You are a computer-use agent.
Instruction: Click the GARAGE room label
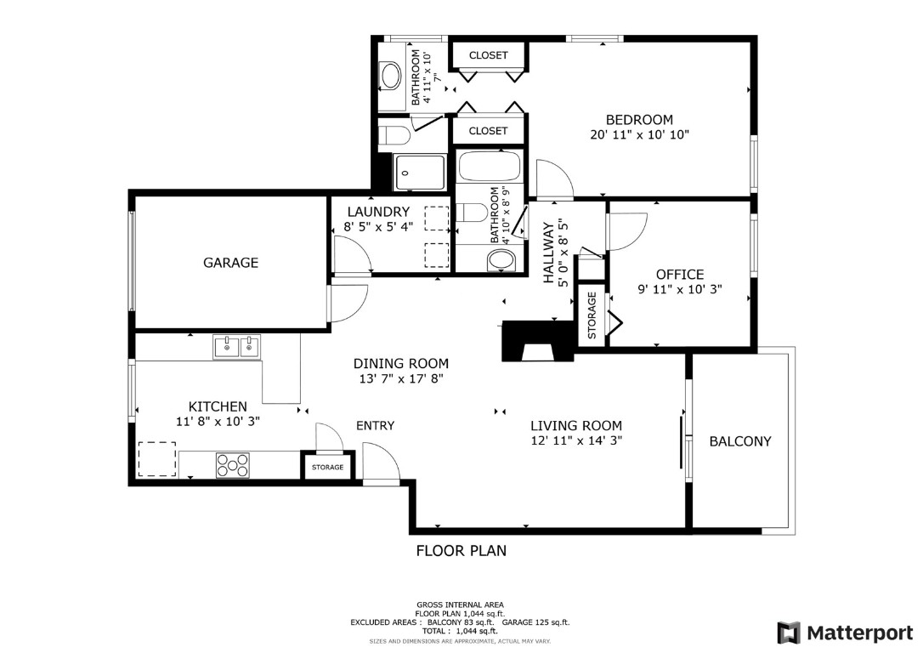tap(230, 263)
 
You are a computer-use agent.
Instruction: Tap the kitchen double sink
tap(237, 346)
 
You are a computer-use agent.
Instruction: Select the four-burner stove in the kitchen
tap(234, 465)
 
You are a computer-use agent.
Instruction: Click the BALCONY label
tap(740, 441)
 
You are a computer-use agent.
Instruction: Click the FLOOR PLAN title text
tap(461, 550)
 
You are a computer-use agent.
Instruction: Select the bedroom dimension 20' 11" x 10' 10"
tap(639, 134)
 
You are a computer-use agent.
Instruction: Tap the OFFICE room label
tap(680, 275)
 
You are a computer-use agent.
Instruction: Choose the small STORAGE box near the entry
tap(327, 467)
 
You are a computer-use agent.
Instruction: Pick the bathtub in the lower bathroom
tap(490, 166)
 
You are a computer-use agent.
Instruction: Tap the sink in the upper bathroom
tap(391, 77)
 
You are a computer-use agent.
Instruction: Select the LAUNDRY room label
tap(378, 212)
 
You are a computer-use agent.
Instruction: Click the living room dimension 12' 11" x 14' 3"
tap(576, 440)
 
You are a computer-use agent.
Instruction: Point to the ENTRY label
tap(375, 425)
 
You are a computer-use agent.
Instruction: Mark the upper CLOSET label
tap(489, 55)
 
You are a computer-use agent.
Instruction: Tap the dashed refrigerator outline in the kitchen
tap(156, 459)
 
